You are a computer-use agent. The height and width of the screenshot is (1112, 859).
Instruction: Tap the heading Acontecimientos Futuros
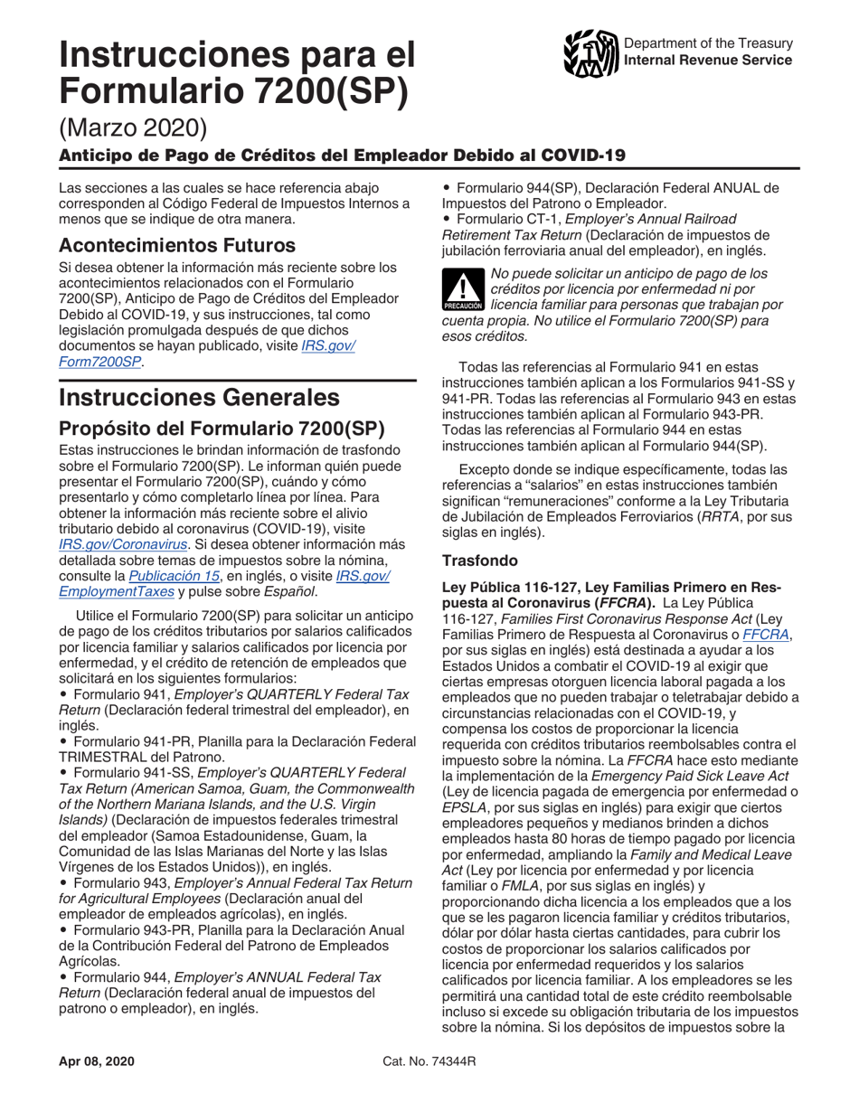point(176,245)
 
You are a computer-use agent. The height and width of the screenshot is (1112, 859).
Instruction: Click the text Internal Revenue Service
point(709,61)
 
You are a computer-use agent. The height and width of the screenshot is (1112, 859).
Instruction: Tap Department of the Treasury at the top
point(709,43)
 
